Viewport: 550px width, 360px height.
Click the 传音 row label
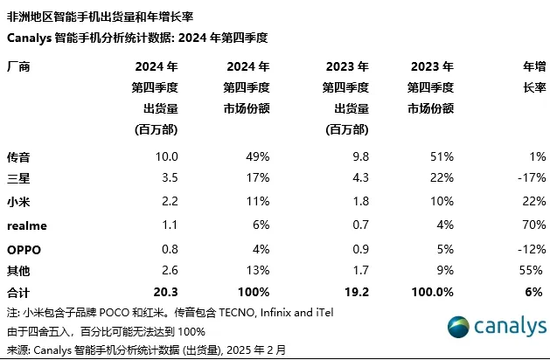pyautogui.click(x=18, y=157)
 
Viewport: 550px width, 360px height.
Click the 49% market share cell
pyautogui.click(x=256, y=157)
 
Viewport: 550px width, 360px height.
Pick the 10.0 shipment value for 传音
pyautogui.click(x=166, y=157)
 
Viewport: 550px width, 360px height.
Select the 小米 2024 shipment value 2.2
pyautogui.click(x=169, y=203)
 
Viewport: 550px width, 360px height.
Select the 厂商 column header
pyautogui.click(x=18, y=66)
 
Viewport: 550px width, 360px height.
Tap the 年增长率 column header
pyautogui.click(x=533, y=76)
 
